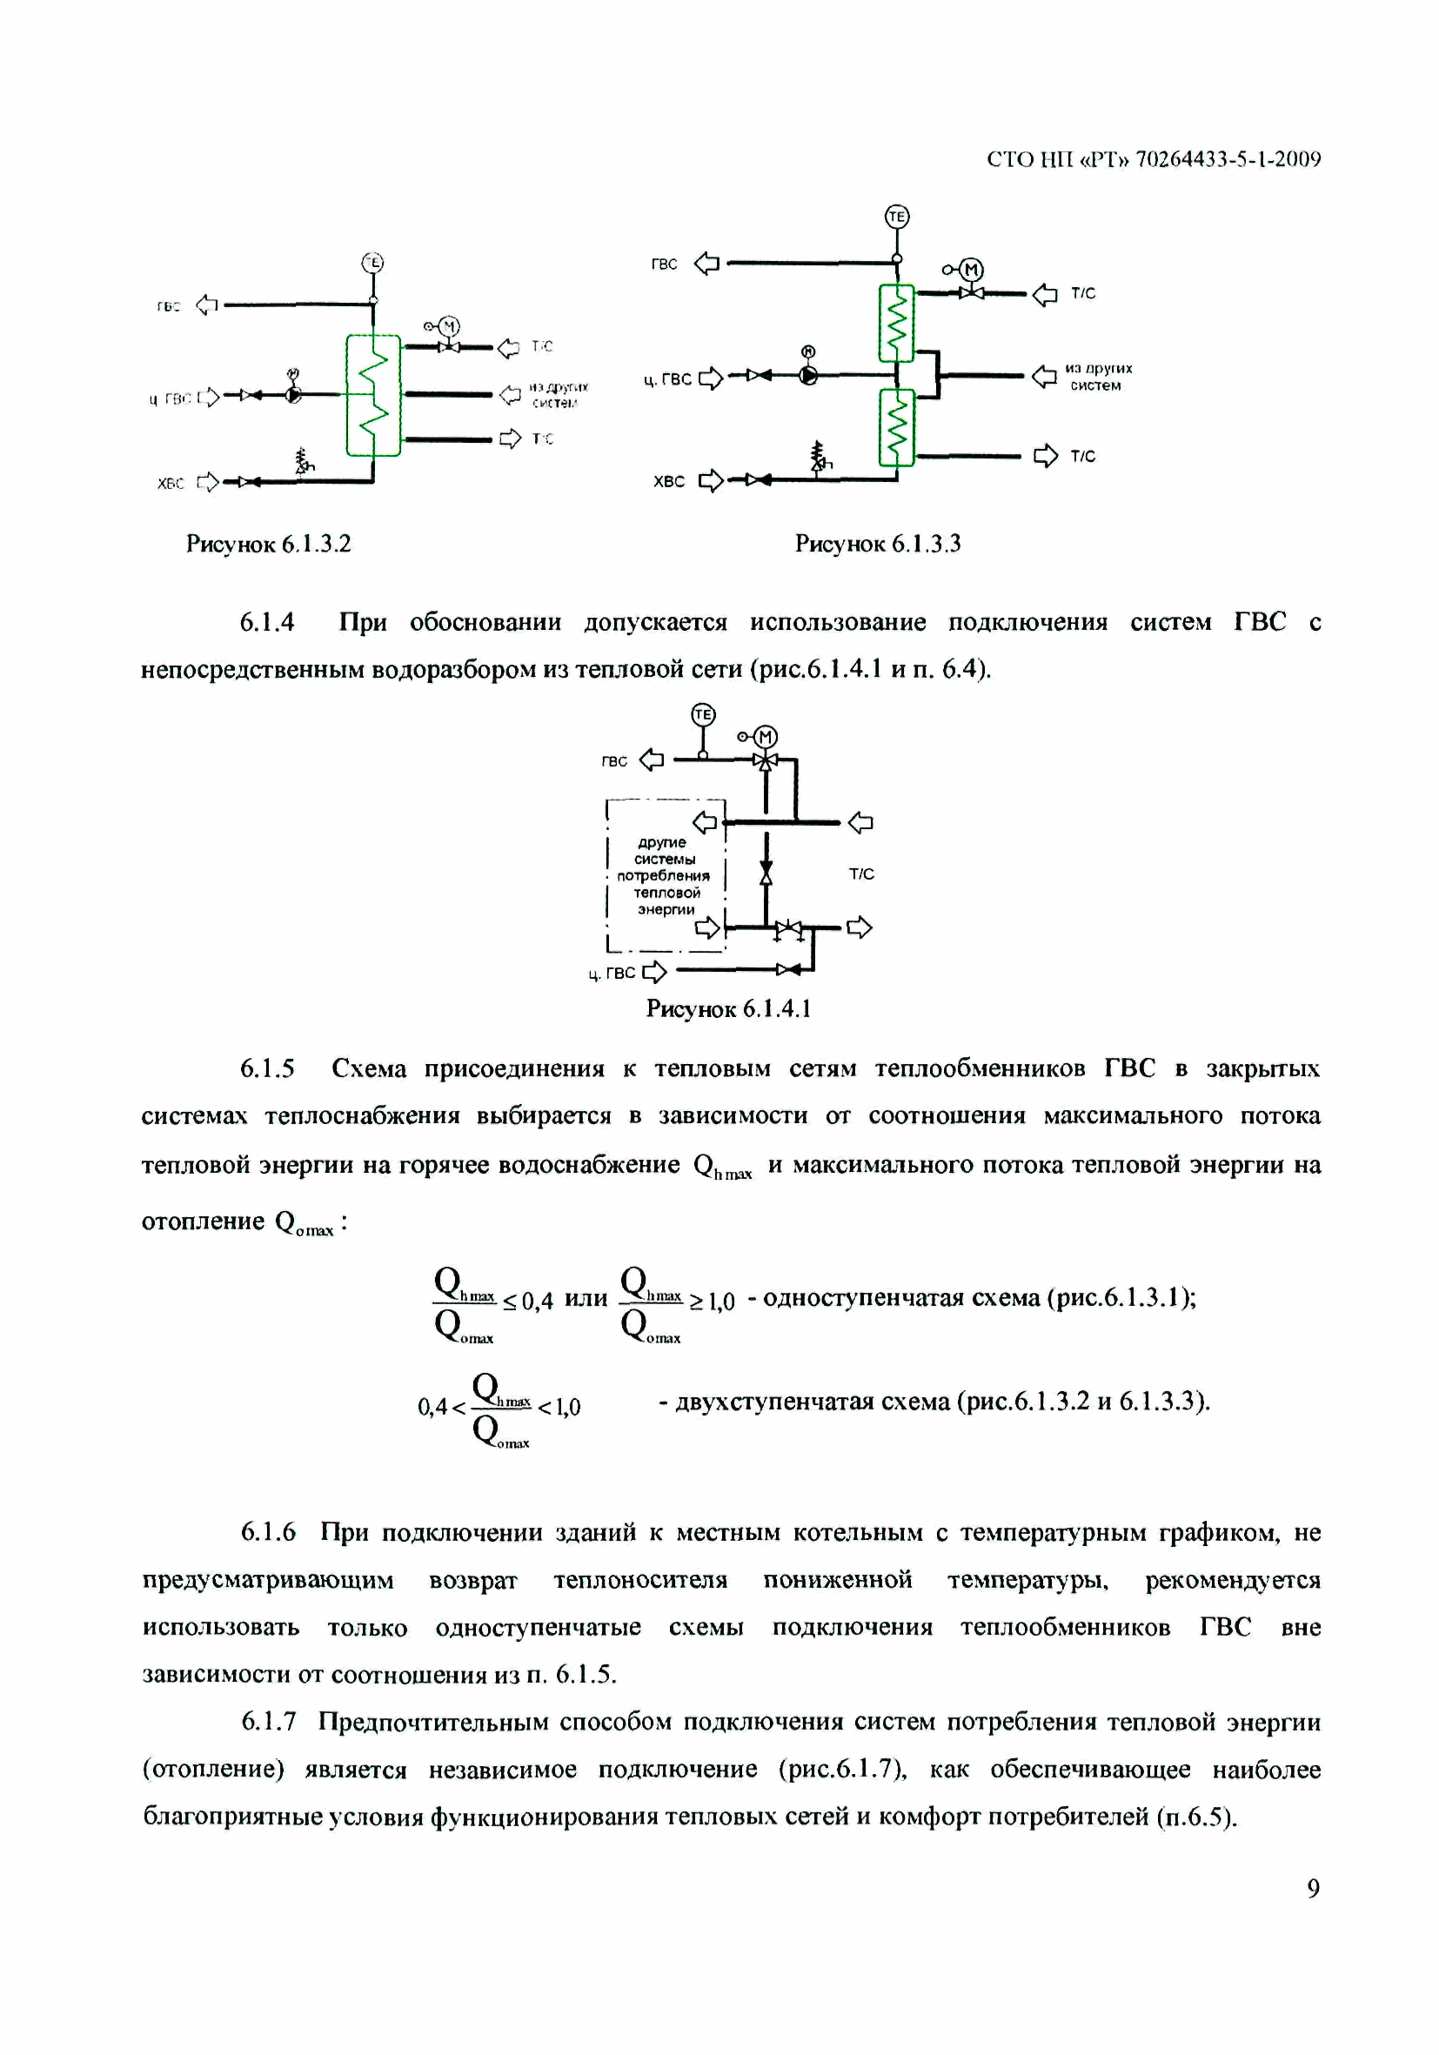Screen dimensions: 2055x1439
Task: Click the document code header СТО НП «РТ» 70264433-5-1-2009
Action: (x=1153, y=159)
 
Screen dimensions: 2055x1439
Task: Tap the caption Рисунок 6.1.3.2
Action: (x=269, y=544)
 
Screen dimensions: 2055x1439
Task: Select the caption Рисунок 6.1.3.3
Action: (x=877, y=544)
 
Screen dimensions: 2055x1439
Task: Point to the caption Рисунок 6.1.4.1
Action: (x=728, y=1009)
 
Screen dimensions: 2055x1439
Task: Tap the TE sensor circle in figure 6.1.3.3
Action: (x=897, y=217)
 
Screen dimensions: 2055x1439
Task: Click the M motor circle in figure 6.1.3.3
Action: (x=972, y=270)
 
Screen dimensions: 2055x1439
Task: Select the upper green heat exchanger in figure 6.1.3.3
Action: (x=896, y=323)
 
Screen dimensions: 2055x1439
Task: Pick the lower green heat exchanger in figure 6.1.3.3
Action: (x=896, y=427)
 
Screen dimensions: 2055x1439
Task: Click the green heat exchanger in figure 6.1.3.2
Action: (x=373, y=395)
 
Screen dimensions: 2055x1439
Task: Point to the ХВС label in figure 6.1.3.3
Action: (x=668, y=481)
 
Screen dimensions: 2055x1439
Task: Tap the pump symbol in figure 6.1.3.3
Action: (x=808, y=376)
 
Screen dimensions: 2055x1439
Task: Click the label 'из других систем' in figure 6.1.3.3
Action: (x=1098, y=377)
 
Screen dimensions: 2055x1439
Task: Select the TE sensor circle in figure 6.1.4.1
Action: (x=703, y=714)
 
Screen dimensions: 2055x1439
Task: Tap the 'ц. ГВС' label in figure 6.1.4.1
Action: (x=612, y=973)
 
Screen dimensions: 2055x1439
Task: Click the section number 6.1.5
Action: (x=267, y=1068)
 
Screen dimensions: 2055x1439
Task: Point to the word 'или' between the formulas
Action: (x=586, y=1299)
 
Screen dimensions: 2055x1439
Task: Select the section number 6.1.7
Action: (x=269, y=1722)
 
